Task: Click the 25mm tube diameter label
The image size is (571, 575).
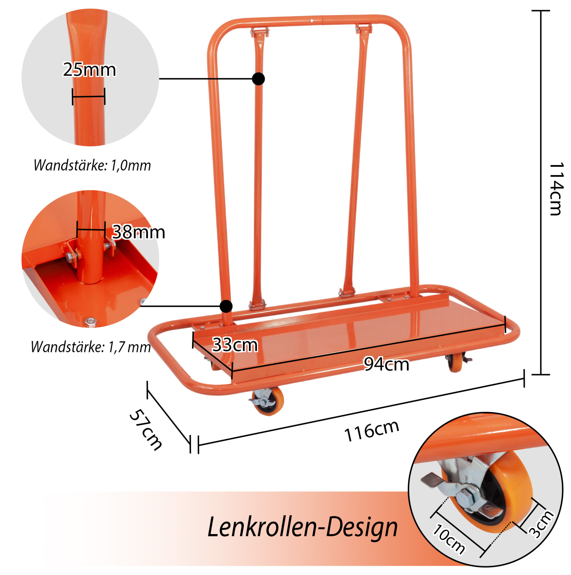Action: [89, 70]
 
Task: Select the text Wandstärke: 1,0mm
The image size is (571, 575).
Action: [92, 166]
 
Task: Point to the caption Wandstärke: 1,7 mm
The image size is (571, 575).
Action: [91, 347]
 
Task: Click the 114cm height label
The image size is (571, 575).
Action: [556, 189]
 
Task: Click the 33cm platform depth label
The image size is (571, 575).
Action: [235, 345]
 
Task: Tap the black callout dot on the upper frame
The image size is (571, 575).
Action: [258, 79]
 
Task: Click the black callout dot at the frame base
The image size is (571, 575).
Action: [226, 306]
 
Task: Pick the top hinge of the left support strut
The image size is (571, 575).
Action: [260, 32]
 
